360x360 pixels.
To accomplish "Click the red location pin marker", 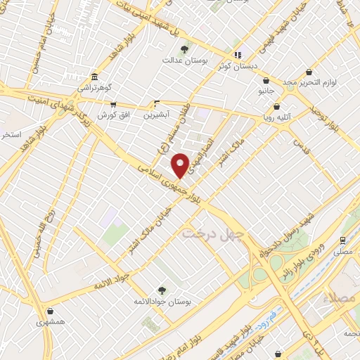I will coord(180,165).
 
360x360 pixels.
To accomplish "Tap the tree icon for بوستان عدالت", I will coord(184,49).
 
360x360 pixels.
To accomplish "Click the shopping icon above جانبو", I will coord(266,80).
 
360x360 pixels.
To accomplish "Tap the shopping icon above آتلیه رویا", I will coord(276,108).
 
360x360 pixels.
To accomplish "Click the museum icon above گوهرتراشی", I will coord(94,77).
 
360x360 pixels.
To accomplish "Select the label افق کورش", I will coord(106,114).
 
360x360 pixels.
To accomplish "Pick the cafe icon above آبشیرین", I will coord(156,103).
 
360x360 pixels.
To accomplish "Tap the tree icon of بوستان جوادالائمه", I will coord(162,290).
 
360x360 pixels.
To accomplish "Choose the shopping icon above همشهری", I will coord(50,311).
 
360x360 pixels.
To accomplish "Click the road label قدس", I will coord(302,148).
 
